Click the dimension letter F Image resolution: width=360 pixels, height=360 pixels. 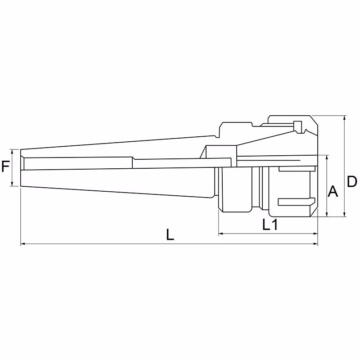click(5, 166)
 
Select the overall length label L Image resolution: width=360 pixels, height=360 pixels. click(170, 234)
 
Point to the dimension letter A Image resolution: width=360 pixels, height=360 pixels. click(333, 191)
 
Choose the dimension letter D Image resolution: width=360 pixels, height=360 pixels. click(352, 182)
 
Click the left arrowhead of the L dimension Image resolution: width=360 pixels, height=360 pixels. click(22, 244)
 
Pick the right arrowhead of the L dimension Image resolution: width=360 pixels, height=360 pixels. click(316, 244)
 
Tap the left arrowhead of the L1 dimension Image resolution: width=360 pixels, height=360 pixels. click(220, 234)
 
